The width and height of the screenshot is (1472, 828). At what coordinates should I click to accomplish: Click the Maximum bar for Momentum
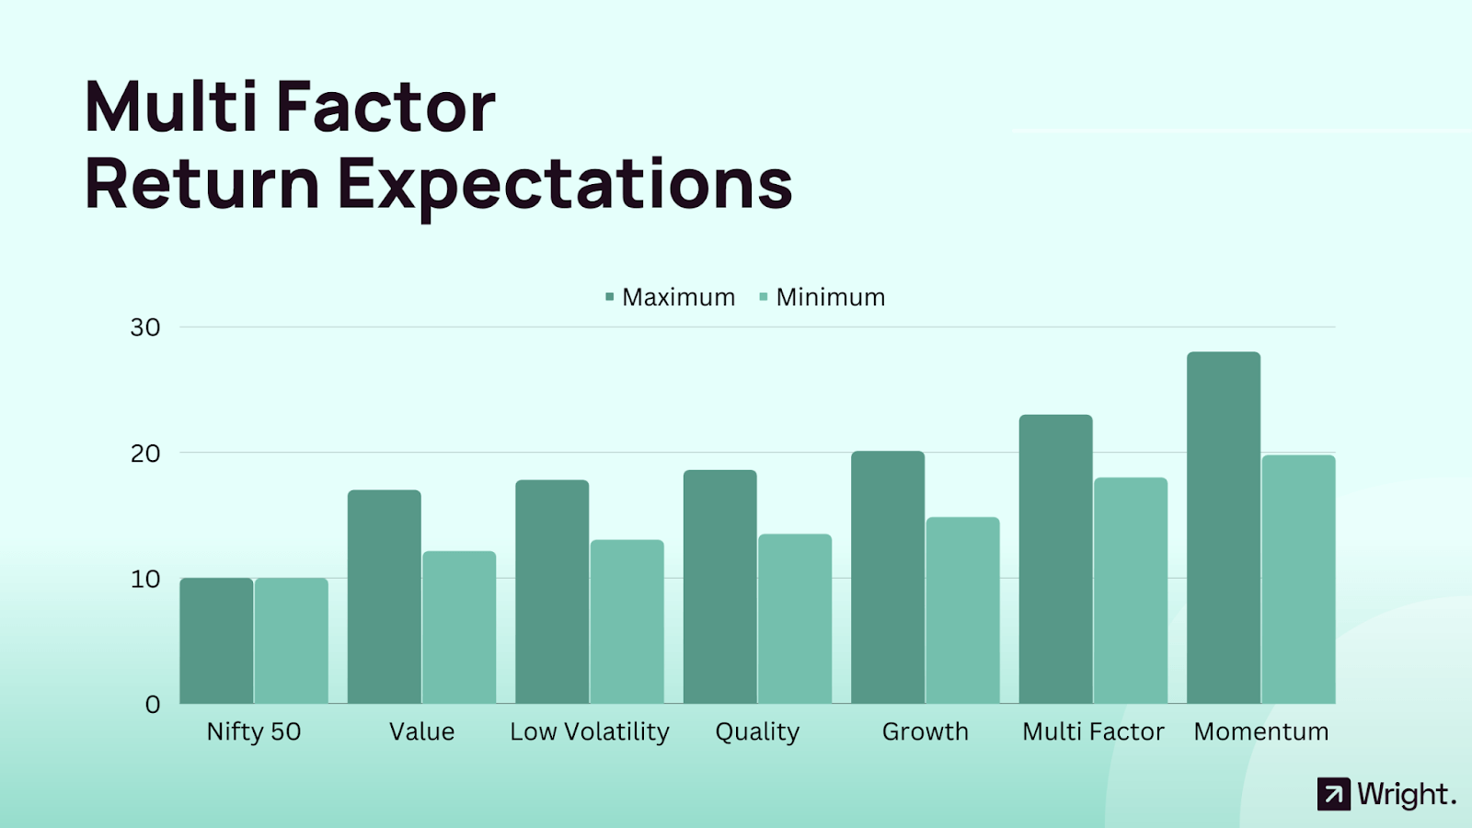tap(1224, 528)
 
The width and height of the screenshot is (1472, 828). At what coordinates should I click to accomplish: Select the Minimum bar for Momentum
tap(1298, 580)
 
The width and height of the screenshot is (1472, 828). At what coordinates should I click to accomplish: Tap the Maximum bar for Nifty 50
tap(216, 640)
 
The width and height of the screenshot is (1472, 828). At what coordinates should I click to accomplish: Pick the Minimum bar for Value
tap(459, 627)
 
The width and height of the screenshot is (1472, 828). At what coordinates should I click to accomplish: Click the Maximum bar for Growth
tap(888, 577)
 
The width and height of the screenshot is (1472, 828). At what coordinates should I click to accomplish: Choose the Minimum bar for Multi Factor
tap(1131, 591)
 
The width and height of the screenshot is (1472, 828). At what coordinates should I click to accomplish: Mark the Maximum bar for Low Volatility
tap(552, 592)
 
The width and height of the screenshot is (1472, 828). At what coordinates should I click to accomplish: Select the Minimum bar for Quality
tap(795, 619)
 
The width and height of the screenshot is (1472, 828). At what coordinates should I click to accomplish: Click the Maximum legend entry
tap(670, 297)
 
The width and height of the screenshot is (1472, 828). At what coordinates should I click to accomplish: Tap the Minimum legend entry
tap(822, 297)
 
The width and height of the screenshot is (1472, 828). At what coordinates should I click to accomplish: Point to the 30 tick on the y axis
tap(145, 328)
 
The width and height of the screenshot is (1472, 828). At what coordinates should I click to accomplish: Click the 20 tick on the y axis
tap(145, 454)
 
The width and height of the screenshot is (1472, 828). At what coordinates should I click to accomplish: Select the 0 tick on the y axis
tap(153, 705)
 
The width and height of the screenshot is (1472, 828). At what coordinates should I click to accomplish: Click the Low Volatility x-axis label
tap(590, 731)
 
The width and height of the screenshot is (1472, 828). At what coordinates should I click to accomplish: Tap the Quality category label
tap(757, 732)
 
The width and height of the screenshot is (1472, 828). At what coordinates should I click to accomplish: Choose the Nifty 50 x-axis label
tap(254, 731)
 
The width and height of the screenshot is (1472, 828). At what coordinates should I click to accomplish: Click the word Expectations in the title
tap(565, 186)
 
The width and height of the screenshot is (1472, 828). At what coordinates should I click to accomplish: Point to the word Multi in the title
tap(171, 106)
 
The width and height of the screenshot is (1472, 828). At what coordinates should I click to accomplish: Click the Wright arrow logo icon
tap(1333, 794)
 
